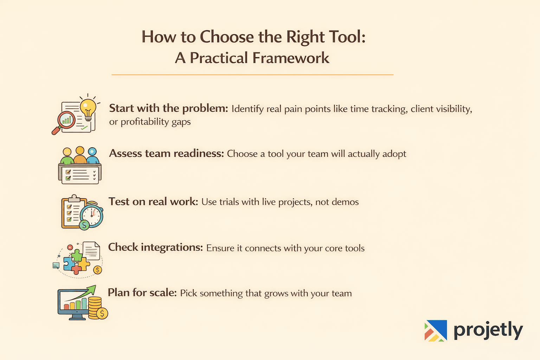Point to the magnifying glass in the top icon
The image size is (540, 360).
(x=64, y=121)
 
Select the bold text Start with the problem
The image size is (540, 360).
(x=169, y=108)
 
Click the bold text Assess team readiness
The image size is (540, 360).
(x=166, y=154)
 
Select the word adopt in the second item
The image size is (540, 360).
(x=394, y=154)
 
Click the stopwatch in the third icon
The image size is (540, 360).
(x=92, y=214)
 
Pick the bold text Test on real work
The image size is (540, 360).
(x=153, y=202)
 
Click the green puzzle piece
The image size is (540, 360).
(x=77, y=256)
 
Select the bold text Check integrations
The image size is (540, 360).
(x=155, y=247)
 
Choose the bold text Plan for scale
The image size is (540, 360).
(x=142, y=293)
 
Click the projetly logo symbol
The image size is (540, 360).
(x=436, y=330)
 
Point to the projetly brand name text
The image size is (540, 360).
(x=488, y=330)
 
